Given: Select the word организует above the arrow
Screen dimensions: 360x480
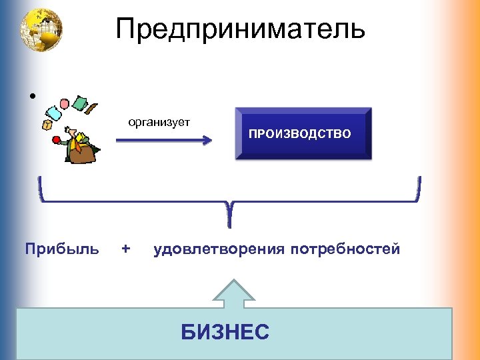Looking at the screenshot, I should [x=159, y=122].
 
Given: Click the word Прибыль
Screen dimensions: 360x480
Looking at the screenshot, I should [x=62, y=249].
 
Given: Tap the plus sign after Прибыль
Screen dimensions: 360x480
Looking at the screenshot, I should [x=126, y=249].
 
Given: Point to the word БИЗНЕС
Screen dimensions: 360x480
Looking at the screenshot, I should [x=225, y=331].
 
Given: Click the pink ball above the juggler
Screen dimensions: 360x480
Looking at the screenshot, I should [x=65, y=104].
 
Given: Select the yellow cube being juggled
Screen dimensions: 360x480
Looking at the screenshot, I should [x=47, y=124].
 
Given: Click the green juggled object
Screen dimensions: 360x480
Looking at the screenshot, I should [x=81, y=103].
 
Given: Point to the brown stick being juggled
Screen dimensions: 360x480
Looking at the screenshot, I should [x=93, y=107].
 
